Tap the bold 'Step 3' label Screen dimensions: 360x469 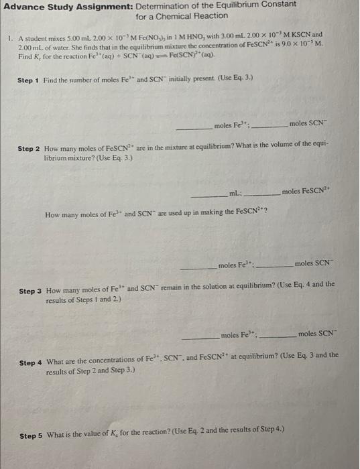31,291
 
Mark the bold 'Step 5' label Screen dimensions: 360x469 31,435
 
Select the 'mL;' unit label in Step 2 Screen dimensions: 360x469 235,193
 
